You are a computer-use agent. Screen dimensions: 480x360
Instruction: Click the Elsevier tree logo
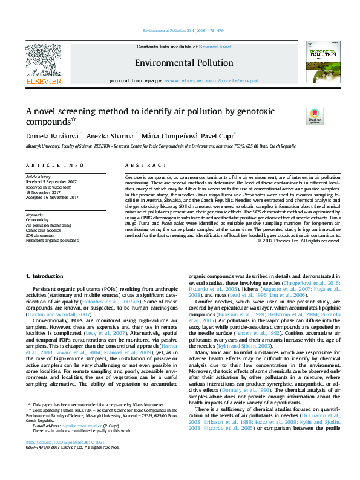[43, 60]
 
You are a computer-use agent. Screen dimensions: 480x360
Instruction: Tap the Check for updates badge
[315, 115]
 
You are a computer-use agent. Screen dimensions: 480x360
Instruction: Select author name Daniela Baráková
[53, 135]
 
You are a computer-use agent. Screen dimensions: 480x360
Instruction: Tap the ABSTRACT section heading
[140, 165]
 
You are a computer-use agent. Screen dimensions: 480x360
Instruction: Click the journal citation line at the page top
[180, 30]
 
